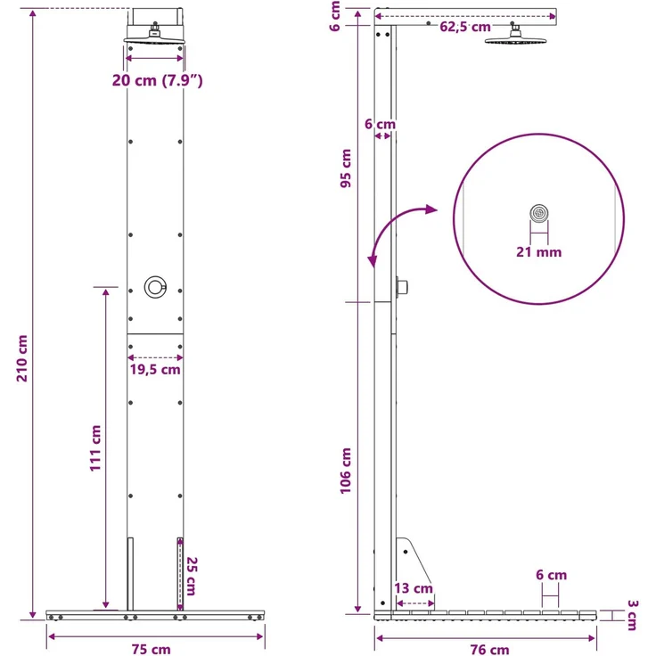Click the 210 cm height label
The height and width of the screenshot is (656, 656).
[22, 358]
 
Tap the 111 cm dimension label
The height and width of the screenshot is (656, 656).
[95, 448]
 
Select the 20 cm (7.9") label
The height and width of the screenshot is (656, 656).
[157, 80]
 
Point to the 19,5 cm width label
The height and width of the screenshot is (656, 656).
[155, 369]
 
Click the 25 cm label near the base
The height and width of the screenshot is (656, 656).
[192, 576]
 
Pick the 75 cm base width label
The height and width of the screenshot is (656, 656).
[152, 649]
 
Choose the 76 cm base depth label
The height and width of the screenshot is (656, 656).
[490, 649]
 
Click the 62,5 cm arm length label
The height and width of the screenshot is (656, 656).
[465, 27]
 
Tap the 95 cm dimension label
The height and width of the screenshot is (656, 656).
[346, 168]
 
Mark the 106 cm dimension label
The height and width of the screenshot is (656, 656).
[346, 471]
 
